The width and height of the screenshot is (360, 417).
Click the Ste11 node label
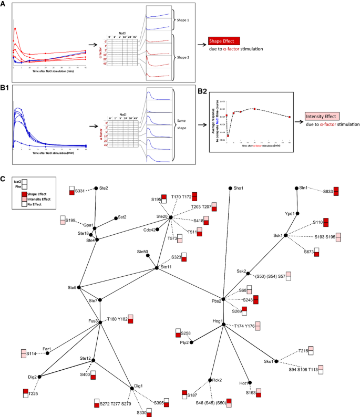click(166, 267)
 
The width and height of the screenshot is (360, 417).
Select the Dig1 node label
click(139, 386)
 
